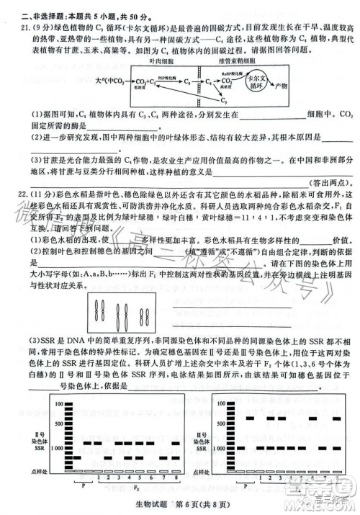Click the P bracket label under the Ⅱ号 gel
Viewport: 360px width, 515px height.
83,484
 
